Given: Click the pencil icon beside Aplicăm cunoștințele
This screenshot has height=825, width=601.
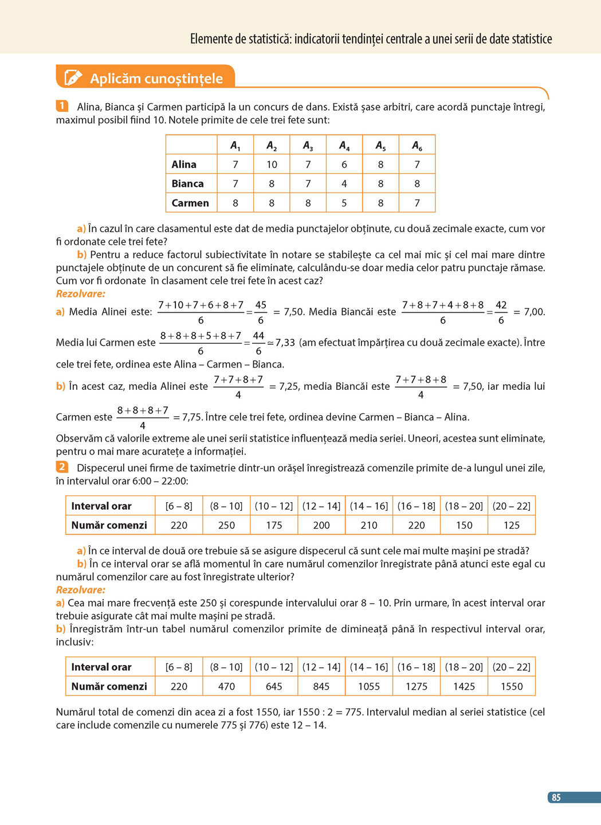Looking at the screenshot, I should (x=73, y=77).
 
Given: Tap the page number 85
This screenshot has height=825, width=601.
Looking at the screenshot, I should (x=556, y=797).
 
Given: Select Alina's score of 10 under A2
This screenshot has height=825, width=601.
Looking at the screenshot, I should (x=272, y=165).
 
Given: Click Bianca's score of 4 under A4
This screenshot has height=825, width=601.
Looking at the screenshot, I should (x=344, y=184).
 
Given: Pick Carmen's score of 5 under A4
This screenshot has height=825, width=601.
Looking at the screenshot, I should (x=344, y=203).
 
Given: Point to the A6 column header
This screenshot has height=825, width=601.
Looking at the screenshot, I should (x=417, y=146).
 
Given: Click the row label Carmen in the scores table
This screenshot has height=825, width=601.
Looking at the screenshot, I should (x=190, y=203).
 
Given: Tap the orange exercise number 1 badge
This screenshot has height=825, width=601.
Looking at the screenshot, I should (x=62, y=106).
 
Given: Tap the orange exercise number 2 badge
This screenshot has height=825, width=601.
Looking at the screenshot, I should (x=62, y=467).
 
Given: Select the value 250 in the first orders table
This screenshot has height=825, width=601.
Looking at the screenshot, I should (x=226, y=525).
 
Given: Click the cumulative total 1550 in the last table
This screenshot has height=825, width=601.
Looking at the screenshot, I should (x=512, y=686).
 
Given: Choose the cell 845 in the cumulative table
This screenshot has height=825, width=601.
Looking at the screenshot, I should (x=321, y=686).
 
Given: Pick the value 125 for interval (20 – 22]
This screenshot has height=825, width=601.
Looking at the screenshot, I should (x=512, y=525).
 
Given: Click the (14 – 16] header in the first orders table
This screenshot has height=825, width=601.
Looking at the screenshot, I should (x=369, y=506).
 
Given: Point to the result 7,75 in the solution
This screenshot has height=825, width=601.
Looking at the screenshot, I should (x=192, y=417).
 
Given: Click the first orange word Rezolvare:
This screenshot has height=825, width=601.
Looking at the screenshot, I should (x=81, y=294).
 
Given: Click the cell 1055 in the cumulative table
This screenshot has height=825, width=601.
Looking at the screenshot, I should (x=369, y=686).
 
